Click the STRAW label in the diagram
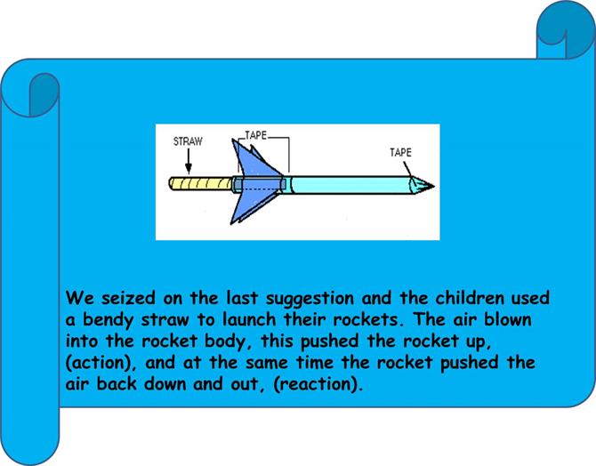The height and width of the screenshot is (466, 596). pos(188,141)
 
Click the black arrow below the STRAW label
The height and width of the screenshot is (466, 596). pos(189,161)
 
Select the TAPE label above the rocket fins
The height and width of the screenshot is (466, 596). pos(256,135)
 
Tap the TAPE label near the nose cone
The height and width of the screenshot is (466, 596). pos(400,152)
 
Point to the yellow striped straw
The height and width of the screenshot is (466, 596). pos(201,184)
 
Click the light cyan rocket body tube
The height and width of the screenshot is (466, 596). pos(350,185)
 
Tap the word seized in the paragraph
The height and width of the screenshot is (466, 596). pos(128,298)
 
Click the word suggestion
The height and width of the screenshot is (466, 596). pos(310,299)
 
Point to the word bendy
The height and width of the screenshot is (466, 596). pos(109,320)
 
